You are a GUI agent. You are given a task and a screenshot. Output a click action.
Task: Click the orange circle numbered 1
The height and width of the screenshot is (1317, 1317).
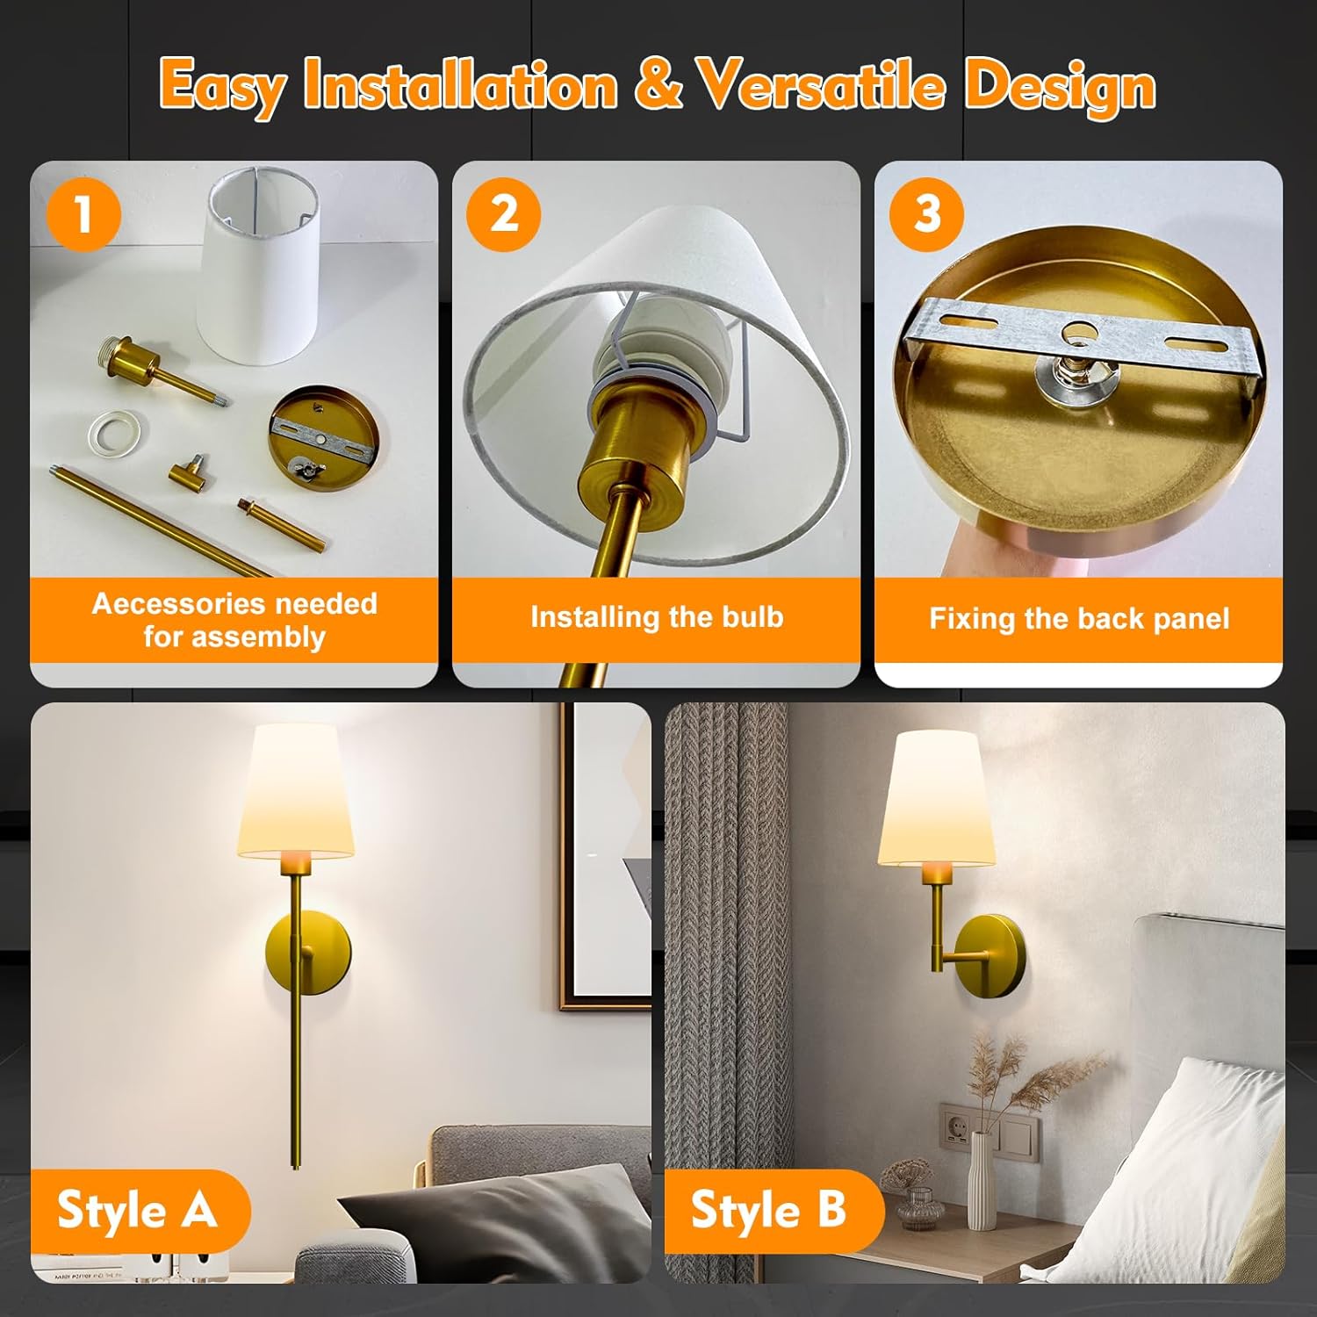pyautogui.click(x=84, y=214)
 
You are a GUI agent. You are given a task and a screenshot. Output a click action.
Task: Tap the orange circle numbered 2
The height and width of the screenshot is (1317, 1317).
pyautogui.click(x=504, y=214)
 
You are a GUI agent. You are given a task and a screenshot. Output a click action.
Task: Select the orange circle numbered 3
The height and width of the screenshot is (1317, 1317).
pyautogui.click(x=927, y=214)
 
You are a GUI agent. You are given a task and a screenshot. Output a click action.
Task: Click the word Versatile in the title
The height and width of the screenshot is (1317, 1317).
pyautogui.click(x=820, y=86)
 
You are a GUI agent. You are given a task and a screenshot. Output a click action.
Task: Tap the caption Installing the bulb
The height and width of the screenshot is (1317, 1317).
pyautogui.click(x=657, y=617)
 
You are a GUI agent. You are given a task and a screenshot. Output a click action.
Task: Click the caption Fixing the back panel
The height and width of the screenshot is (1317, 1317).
pyautogui.click(x=1079, y=619)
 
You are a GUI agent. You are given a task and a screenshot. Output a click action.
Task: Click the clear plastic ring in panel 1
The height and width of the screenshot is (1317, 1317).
pyautogui.click(x=117, y=428)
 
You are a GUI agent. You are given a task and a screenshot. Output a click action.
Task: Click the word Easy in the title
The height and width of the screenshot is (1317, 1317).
pyautogui.click(x=223, y=86)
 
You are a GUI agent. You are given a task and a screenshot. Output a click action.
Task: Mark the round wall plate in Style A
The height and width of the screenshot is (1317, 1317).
pyautogui.click(x=309, y=954)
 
